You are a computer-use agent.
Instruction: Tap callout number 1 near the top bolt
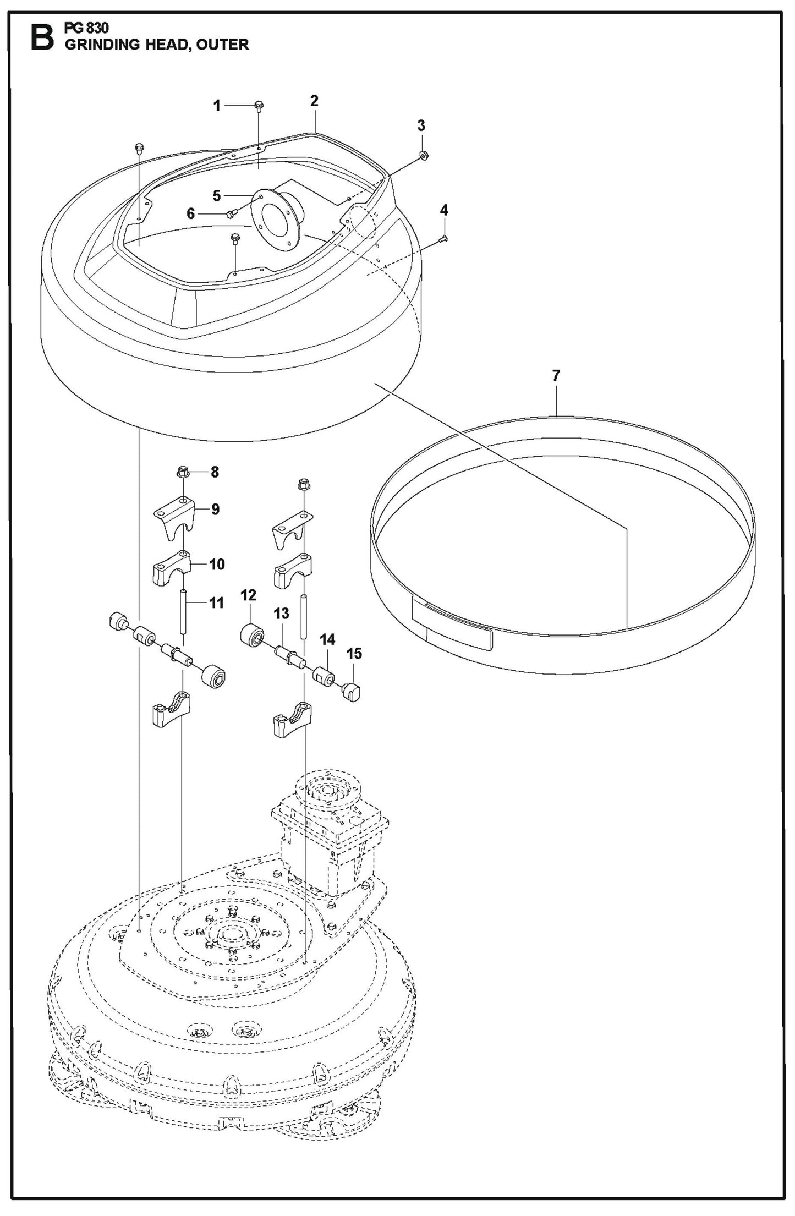[217, 106]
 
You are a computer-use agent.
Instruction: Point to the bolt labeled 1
[259, 105]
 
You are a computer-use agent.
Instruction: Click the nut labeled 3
[424, 156]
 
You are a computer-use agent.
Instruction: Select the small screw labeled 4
[443, 239]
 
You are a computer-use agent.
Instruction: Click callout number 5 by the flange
[216, 196]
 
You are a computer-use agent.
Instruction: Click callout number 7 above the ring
[556, 376]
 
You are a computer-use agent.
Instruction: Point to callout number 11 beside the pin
[216, 603]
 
